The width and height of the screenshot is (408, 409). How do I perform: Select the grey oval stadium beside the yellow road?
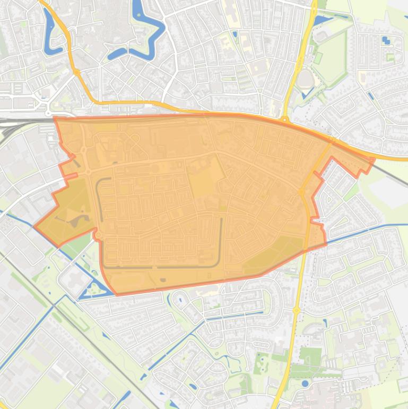(x=304, y=80)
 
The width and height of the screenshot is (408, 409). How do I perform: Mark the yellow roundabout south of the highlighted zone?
(x=296, y=310)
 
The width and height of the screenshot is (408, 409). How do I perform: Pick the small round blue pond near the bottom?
(x=305, y=382)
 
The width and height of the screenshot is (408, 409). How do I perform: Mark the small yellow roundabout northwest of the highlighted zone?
(x=77, y=71)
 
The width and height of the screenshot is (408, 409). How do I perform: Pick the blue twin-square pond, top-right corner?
(x=386, y=40)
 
